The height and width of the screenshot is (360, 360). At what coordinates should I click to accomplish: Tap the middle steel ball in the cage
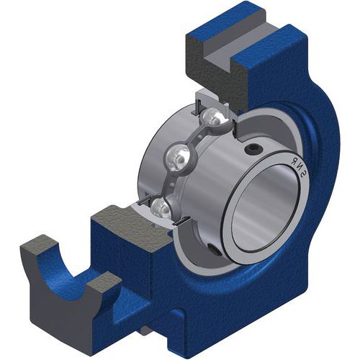[x=179, y=158]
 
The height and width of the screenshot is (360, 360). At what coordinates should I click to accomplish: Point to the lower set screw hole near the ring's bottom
[x=215, y=249]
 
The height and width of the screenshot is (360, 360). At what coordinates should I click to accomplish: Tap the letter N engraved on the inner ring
[x=299, y=166]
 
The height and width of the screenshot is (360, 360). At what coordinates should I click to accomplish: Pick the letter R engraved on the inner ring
[x=293, y=161]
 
